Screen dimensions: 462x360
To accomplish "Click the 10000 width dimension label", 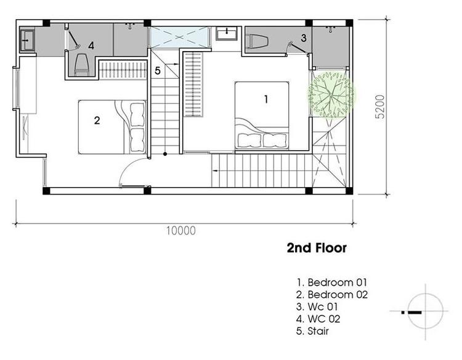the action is (x=180, y=231).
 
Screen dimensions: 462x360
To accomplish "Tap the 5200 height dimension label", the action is (x=380, y=106).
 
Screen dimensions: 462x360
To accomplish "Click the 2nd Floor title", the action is (x=317, y=248).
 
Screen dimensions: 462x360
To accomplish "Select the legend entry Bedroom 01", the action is (x=332, y=282).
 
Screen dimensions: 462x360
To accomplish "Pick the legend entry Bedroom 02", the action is (x=332, y=294).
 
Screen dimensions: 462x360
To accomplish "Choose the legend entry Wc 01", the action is (x=317, y=306).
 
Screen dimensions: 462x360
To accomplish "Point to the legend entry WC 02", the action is (x=318, y=319).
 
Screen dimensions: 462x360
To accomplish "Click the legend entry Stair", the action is (x=312, y=331).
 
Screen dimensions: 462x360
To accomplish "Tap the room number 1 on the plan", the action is (x=266, y=99).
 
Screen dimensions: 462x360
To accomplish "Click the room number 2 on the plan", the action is (x=97, y=120).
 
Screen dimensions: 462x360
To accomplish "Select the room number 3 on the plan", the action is (x=304, y=38).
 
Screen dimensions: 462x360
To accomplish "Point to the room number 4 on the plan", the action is (x=91, y=46).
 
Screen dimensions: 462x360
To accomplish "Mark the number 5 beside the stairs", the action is (x=158, y=71).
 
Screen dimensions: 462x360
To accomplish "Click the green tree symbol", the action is (x=331, y=94).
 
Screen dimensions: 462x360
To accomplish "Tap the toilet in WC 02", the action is (x=82, y=65).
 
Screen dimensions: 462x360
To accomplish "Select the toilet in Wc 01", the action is (x=257, y=41).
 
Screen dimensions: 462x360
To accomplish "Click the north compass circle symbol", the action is (x=426, y=311).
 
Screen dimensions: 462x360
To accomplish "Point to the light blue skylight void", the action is (x=179, y=37).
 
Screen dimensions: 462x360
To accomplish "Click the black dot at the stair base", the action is (x=165, y=154).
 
